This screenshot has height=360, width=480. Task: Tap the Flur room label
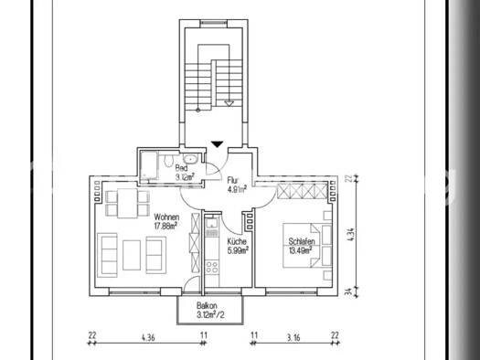tap(233, 182)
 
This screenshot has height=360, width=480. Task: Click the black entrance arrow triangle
tap(216, 143)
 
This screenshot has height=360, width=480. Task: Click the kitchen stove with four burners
tap(211, 268)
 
